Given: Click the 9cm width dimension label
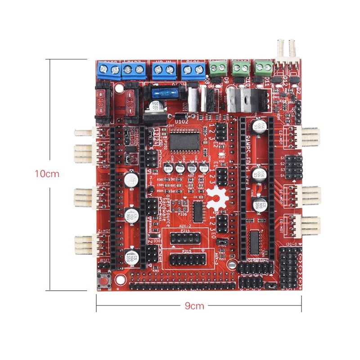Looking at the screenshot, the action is coord(194,306).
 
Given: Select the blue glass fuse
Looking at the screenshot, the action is coord(161,94).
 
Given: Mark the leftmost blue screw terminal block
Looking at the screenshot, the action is coord(108,69).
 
